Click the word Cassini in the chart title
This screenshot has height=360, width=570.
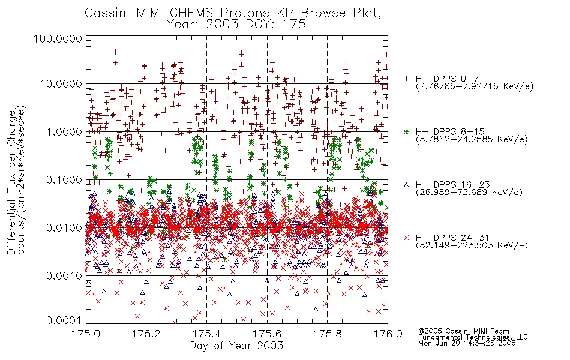point(108,13)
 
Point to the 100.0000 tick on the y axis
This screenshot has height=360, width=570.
point(58,38)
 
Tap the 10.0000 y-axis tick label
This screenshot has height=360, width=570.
point(61,84)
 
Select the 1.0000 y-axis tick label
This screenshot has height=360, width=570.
point(64,131)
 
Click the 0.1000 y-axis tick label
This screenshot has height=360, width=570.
point(64,179)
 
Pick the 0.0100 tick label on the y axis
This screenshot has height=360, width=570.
point(64,227)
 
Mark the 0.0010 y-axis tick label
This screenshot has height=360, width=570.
point(64,275)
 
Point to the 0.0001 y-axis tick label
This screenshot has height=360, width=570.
point(64,320)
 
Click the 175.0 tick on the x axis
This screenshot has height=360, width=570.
point(86,334)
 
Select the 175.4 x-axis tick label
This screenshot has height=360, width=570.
point(206,334)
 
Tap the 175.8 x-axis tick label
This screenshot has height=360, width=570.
point(327,334)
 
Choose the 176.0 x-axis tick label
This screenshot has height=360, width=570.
point(388,334)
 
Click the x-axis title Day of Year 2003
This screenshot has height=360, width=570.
point(236,346)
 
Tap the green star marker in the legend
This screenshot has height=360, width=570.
point(406,131)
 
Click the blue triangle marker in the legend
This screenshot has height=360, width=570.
point(406,185)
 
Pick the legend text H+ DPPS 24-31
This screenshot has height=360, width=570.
point(452,238)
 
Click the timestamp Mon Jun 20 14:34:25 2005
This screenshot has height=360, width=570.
point(467,343)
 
